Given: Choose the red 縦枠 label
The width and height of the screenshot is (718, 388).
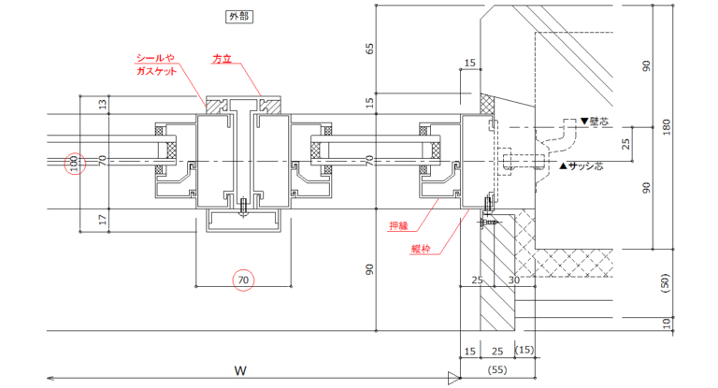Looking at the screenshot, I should pos(422,249).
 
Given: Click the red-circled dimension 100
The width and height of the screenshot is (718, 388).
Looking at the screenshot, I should pos(75,164).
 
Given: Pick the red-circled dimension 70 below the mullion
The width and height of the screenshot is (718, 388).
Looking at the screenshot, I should pos(242,279).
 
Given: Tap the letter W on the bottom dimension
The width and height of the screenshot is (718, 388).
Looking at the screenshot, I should pos(240,370).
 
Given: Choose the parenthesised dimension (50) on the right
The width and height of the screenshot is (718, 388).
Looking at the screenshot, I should pos(665,282).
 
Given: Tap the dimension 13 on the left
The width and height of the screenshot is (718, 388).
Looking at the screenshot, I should pos(102,106).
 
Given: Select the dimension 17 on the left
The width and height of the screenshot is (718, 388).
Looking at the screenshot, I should pos(102,220).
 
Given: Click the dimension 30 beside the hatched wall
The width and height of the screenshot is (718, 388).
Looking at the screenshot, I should pos(512,280).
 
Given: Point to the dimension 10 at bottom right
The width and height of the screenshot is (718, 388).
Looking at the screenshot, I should pos(665,323).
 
